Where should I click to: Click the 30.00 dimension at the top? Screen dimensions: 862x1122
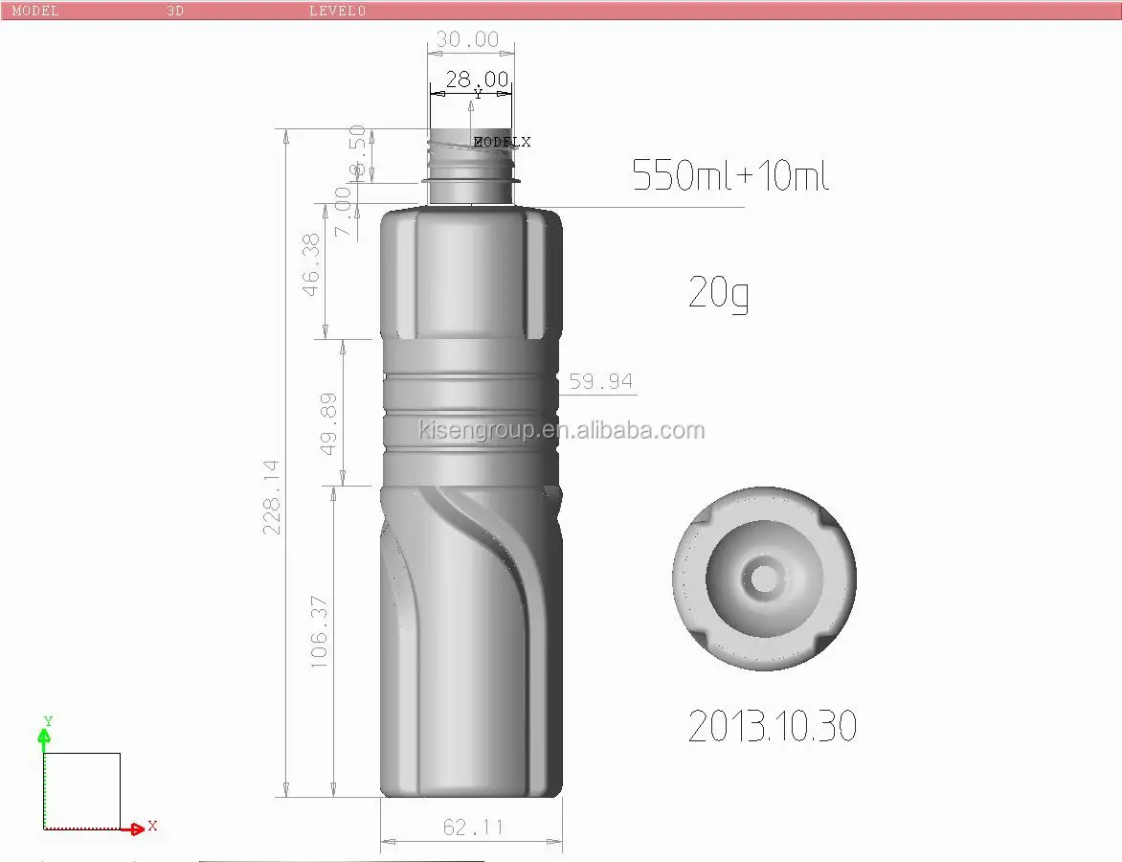click(468, 39)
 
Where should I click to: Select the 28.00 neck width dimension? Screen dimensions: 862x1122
click(477, 79)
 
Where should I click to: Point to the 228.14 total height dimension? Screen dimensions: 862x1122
click(273, 496)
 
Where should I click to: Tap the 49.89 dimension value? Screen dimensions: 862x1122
click(328, 422)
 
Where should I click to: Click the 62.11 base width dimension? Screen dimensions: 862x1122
click(473, 827)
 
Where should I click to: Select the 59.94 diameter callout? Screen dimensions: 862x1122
click(600, 381)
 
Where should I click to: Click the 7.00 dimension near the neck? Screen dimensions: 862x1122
click(343, 212)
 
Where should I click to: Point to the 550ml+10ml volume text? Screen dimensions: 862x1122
click(729, 176)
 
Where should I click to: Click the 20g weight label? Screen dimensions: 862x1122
click(718, 293)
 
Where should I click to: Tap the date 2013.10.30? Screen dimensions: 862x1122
click(772, 727)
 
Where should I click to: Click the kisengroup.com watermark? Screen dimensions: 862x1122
click(561, 430)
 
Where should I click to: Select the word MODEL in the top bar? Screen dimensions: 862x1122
click(35, 11)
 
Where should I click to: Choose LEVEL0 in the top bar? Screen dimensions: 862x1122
click(337, 11)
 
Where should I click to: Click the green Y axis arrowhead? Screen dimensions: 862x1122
click(43, 736)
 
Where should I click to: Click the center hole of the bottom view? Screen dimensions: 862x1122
click(764, 578)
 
